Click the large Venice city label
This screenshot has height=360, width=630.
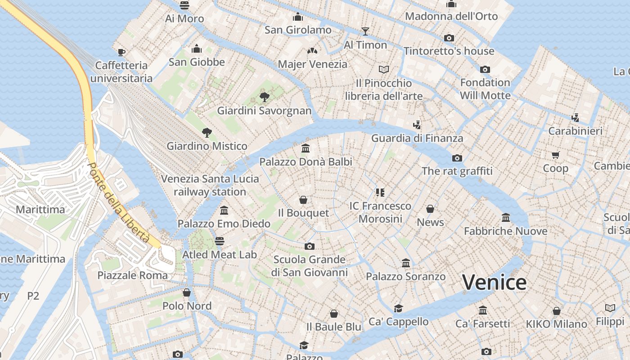pos(494,283)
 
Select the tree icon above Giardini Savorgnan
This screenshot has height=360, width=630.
pos(265,97)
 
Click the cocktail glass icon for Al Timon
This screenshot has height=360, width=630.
pos(365,31)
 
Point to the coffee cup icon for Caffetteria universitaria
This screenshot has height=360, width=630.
pos(121,52)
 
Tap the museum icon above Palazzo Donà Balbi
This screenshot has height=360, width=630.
pos(306,148)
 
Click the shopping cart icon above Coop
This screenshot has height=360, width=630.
pos(555,155)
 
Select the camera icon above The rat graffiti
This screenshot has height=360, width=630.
pos(457,158)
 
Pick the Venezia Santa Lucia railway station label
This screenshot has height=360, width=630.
pos(210,185)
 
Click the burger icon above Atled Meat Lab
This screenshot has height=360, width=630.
pos(219,241)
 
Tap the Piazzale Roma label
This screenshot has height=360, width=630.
pos(132,275)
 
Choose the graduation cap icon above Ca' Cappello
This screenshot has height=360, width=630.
pos(398,308)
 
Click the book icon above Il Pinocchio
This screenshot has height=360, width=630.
pos(383,69)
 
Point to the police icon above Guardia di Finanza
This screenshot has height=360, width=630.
pos(417,125)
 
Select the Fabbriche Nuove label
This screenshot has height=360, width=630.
pos(505,231)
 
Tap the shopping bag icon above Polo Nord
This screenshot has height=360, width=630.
pos(186,293)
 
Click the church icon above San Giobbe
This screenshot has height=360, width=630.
pos(197,49)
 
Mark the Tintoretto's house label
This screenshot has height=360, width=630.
pos(449,51)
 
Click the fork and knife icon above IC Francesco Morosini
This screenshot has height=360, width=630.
pos(380,193)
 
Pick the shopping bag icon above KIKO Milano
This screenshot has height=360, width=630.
pos(556,311)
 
